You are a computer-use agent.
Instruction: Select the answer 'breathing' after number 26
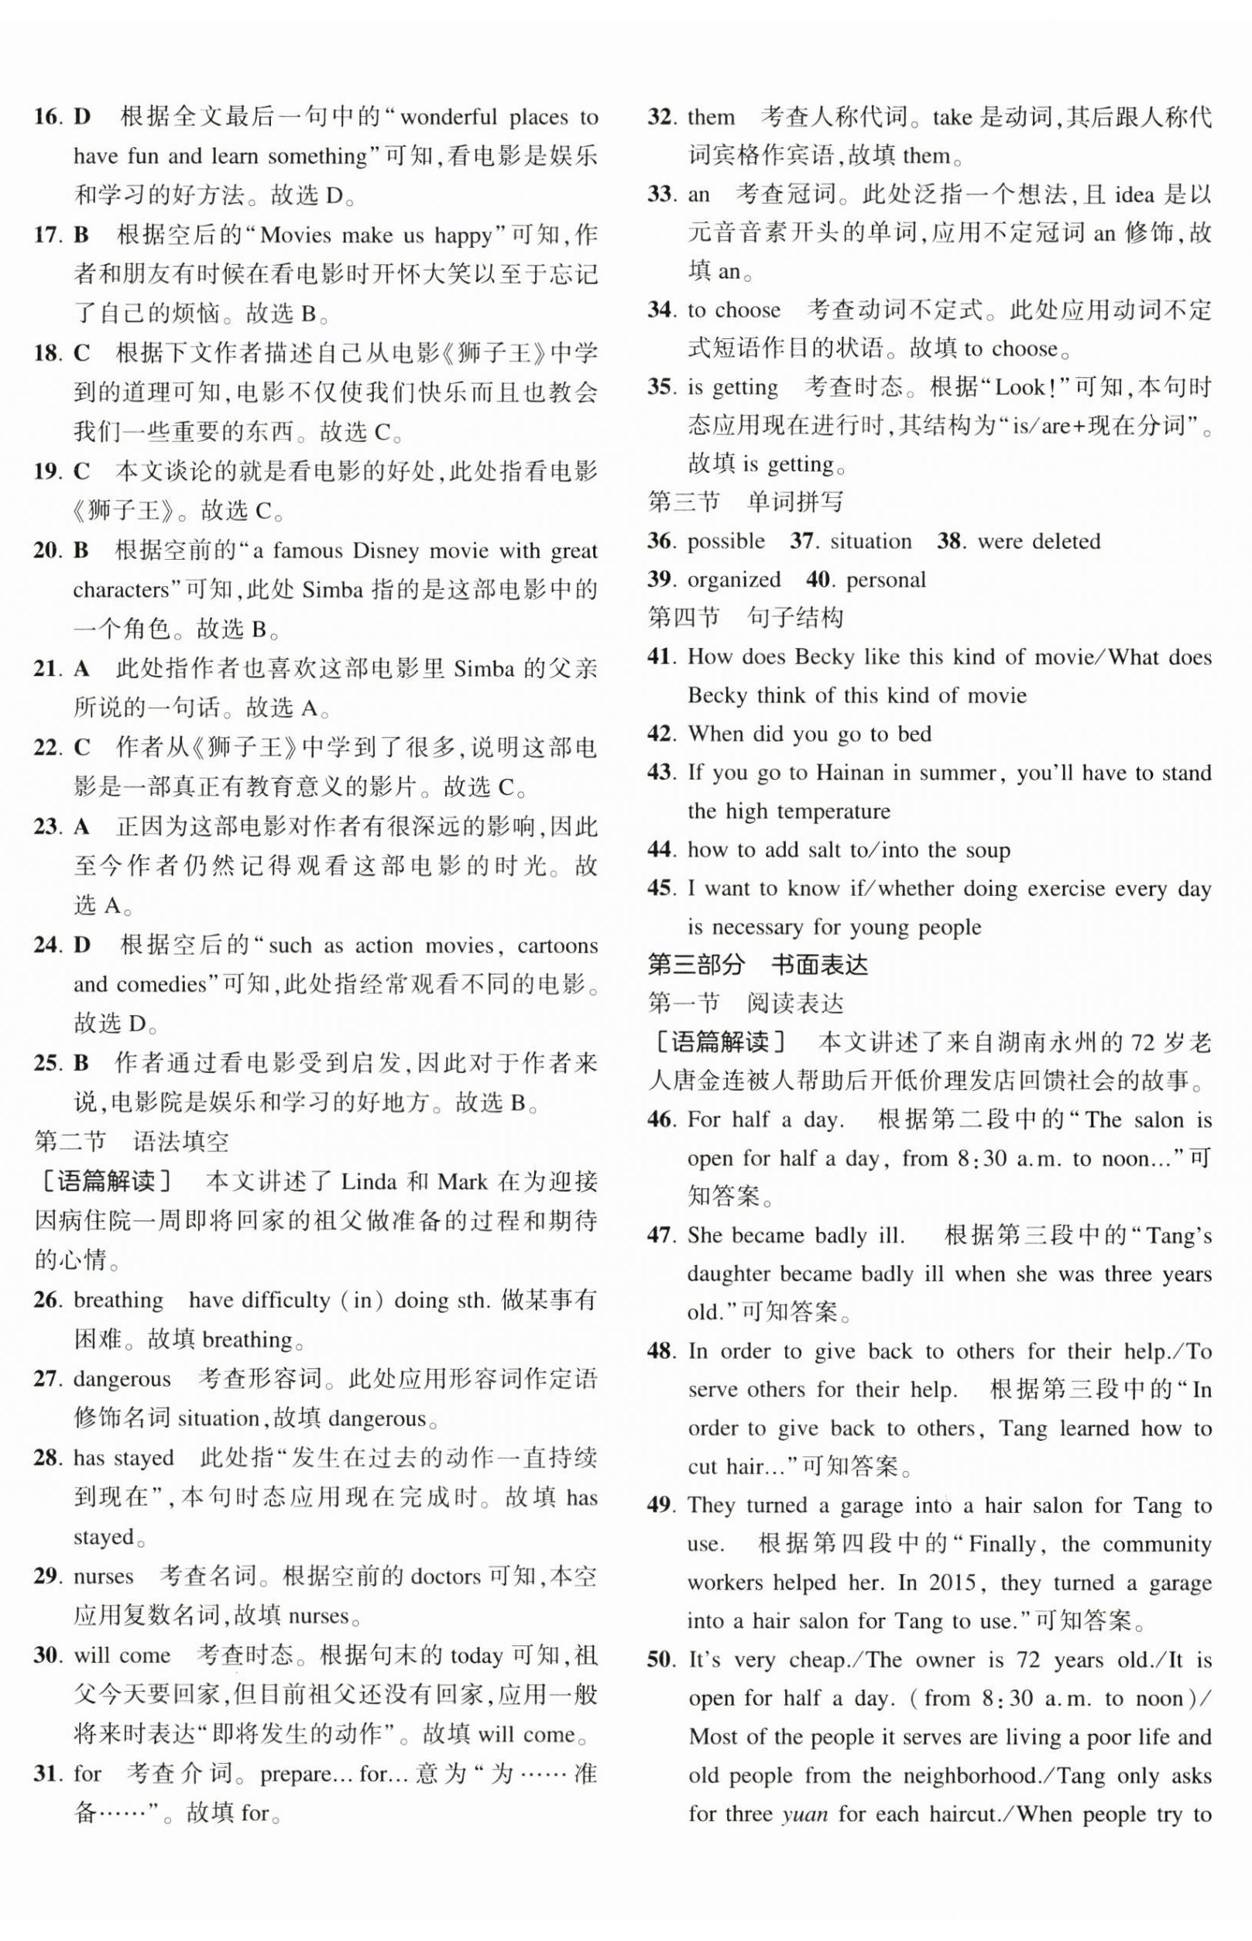pyautogui.click(x=118, y=1300)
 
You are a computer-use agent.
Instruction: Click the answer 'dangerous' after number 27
pyautogui.click(x=122, y=1379)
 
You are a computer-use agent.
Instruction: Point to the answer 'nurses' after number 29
pyautogui.click(x=103, y=1576)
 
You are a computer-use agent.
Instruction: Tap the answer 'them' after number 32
pyautogui.click(x=712, y=117)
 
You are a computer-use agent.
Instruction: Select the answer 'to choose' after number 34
pyautogui.click(x=734, y=310)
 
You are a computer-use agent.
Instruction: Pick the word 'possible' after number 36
pyautogui.click(x=726, y=541)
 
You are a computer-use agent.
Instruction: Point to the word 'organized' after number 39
pyautogui.click(x=733, y=580)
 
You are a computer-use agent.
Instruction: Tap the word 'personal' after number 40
pyautogui.click(x=885, y=580)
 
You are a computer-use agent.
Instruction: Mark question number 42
pyautogui.click(x=661, y=733)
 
